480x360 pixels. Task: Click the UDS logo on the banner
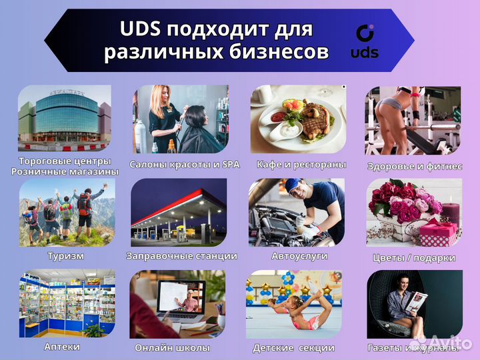364,41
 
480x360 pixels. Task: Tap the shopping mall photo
65,117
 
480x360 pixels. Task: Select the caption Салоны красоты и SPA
184,164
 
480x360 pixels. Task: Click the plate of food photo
298,118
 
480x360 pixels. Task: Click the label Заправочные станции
181,256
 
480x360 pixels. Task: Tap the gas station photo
179,213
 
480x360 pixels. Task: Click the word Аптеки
62,347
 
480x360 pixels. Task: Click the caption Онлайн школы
172,348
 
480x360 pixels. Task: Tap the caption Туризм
65,256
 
